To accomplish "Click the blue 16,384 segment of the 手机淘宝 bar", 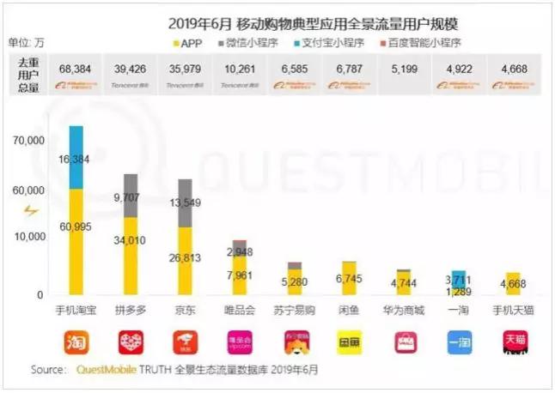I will coord(76,158).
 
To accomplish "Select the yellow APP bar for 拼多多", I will coord(131,256).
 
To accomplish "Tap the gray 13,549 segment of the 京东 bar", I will coord(185,203).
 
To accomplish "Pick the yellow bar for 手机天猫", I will coord(512,284).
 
